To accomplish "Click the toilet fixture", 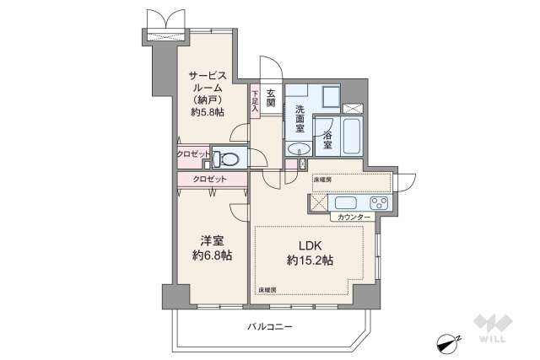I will pyautogui.click(x=225, y=157).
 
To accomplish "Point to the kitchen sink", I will pyautogui.click(x=346, y=203).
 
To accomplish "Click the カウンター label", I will pyautogui.click(x=354, y=218).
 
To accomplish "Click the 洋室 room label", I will pyautogui.click(x=212, y=240).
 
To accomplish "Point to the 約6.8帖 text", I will pyautogui.click(x=212, y=255).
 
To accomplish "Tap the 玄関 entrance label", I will pyautogui.click(x=272, y=97).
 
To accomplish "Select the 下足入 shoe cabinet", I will pyautogui.click(x=254, y=101).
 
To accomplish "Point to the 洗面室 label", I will pyautogui.click(x=299, y=120).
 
